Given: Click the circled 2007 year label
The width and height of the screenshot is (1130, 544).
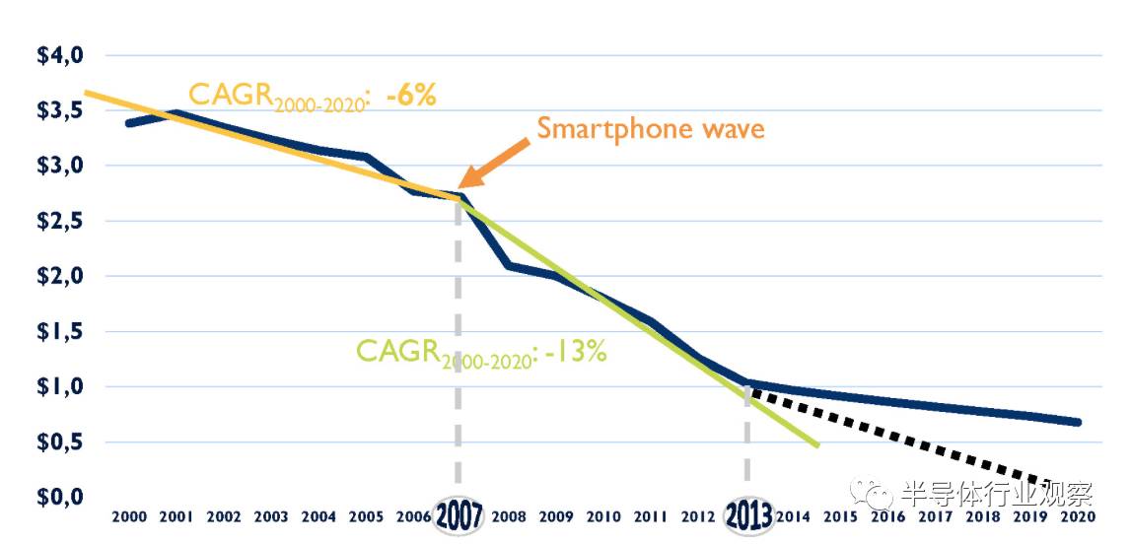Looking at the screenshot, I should (459, 515).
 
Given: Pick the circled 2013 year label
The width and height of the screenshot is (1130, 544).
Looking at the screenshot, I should (748, 515).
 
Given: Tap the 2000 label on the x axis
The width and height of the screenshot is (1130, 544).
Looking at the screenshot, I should (130, 516).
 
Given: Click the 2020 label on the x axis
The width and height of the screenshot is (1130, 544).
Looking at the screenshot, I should (1079, 516).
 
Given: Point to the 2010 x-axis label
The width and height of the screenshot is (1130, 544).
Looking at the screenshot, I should (603, 516).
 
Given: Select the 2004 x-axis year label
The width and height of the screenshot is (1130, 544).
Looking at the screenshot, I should (319, 516).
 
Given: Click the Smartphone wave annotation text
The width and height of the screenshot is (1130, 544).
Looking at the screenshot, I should (650, 129).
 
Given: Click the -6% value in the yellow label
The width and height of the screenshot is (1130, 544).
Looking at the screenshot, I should (411, 96).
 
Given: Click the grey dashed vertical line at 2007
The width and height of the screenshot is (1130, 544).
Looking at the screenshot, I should (458, 345).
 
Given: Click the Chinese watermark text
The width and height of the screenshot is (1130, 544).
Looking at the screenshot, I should (996, 493).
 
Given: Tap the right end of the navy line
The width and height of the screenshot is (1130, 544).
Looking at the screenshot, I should (1079, 422).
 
